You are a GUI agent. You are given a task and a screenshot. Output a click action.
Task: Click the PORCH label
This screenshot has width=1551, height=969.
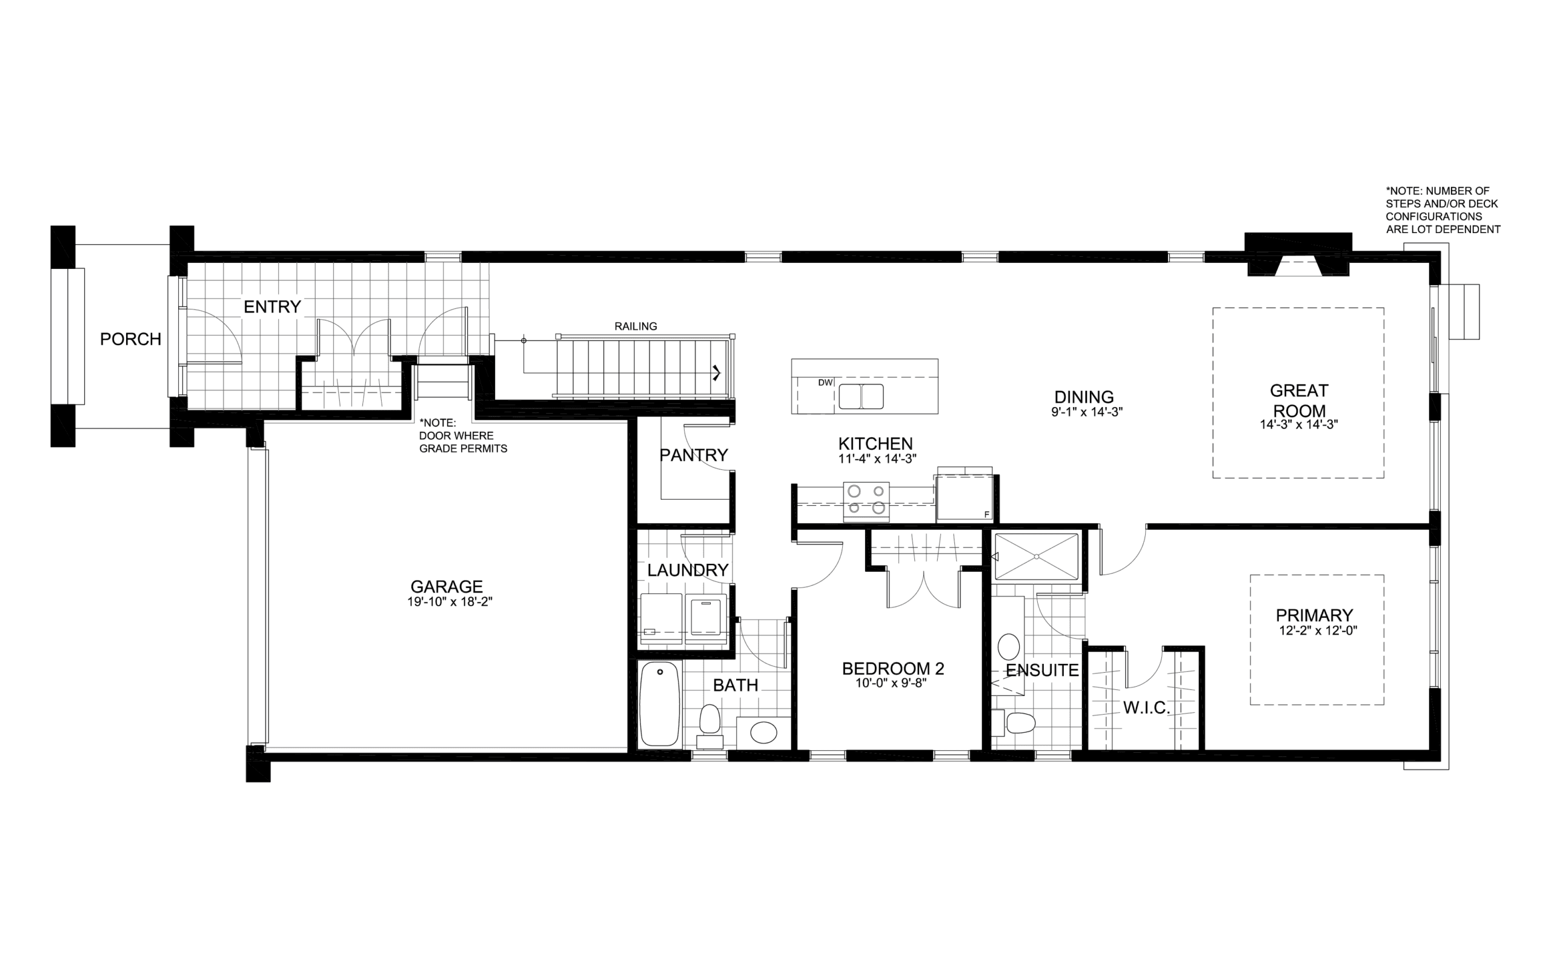pyautogui.click(x=130, y=339)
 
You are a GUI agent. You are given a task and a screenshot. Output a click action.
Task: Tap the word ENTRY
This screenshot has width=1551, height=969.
pyautogui.click(x=273, y=307)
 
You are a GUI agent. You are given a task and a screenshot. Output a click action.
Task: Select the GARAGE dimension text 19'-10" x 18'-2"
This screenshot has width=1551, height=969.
pyautogui.click(x=450, y=602)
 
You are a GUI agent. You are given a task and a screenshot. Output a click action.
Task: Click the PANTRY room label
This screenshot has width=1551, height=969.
pyautogui.click(x=694, y=455)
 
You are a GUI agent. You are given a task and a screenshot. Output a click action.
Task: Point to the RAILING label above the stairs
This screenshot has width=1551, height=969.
pyautogui.click(x=636, y=326)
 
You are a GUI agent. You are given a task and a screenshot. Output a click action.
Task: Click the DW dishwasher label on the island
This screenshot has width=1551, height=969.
pyautogui.click(x=826, y=383)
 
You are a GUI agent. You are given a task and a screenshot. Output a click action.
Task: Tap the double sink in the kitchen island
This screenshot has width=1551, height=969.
pyautogui.click(x=862, y=397)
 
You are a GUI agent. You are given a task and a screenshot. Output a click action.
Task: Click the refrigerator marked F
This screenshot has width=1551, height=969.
pyautogui.click(x=965, y=497)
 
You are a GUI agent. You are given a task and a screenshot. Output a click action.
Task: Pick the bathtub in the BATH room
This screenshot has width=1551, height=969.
pyautogui.click(x=660, y=704)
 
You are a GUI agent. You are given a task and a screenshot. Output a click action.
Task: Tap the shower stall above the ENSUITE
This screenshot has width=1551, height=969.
pyautogui.click(x=1037, y=557)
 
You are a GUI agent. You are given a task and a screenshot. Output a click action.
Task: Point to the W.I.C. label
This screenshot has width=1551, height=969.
pyautogui.click(x=1146, y=708)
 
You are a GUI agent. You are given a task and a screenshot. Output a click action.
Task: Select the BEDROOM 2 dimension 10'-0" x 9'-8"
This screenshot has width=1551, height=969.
pyautogui.click(x=891, y=683)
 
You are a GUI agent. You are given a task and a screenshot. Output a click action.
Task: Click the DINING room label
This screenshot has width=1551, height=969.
pyautogui.click(x=1084, y=397)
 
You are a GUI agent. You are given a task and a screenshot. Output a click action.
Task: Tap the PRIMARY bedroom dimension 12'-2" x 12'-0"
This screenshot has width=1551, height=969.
pyautogui.click(x=1318, y=630)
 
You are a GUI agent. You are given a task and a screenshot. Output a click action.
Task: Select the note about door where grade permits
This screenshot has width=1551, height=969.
pyautogui.click(x=463, y=436)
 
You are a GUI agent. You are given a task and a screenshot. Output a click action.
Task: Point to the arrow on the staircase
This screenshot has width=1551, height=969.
pyautogui.click(x=717, y=372)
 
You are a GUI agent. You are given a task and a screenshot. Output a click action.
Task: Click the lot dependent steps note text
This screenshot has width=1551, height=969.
pyautogui.click(x=1443, y=210)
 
